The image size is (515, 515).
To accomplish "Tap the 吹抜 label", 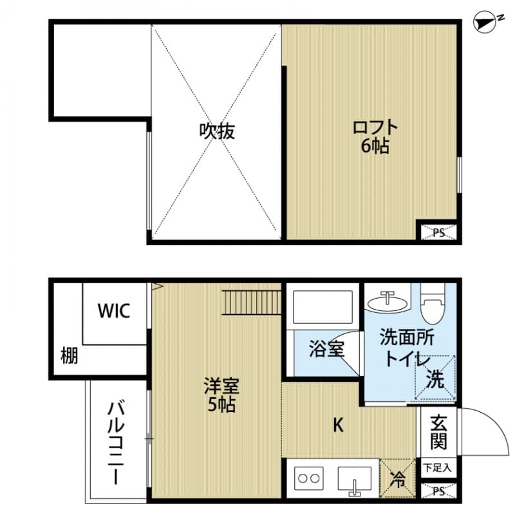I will [x=216, y=131].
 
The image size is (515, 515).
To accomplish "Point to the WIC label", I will [x=114, y=312].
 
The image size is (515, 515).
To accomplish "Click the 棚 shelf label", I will [x=70, y=355].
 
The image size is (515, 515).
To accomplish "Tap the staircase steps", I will [x=252, y=302].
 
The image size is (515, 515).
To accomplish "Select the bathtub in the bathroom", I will [x=323, y=307].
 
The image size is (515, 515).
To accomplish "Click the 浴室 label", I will [x=327, y=350].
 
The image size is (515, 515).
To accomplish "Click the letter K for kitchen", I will [x=337, y=426].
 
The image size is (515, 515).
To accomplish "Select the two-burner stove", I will [x=308, y=479].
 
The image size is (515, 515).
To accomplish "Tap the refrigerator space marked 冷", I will [x=398, y=478].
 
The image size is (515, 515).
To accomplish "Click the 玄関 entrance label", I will [x=438, y=433].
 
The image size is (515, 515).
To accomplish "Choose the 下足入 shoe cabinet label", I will [x=438, y=467].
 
